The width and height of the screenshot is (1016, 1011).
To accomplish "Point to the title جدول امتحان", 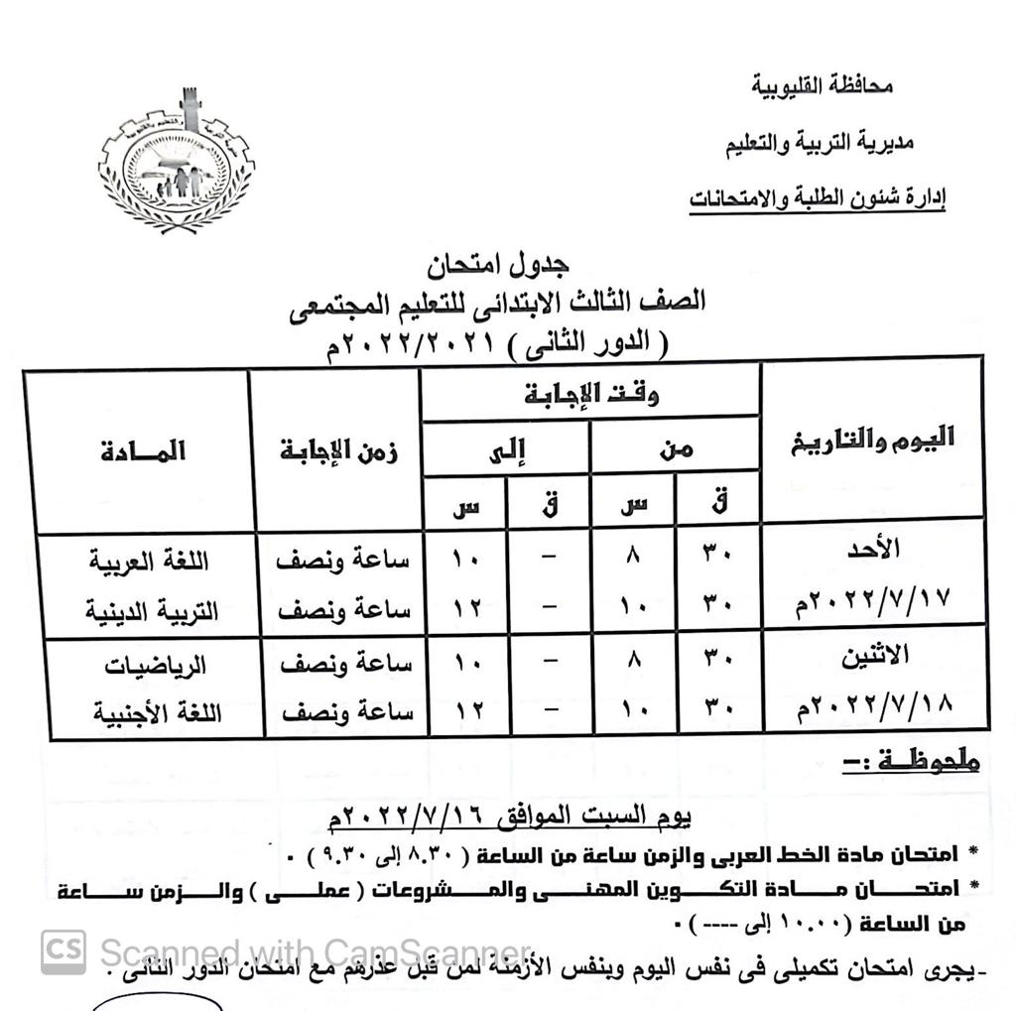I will tap(505, 265).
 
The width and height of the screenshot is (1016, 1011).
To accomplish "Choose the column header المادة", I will tap(144, 450).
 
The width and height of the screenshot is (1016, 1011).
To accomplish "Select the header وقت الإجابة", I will tap(591, 394).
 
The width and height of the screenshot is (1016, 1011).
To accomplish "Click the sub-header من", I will tap(676, 448).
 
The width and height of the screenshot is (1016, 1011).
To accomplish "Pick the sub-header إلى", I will tap(506, 449).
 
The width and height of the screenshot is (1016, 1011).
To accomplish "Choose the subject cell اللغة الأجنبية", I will tap(156, 712).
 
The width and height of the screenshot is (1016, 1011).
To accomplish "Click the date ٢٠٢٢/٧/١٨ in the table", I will tap(872, 708).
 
